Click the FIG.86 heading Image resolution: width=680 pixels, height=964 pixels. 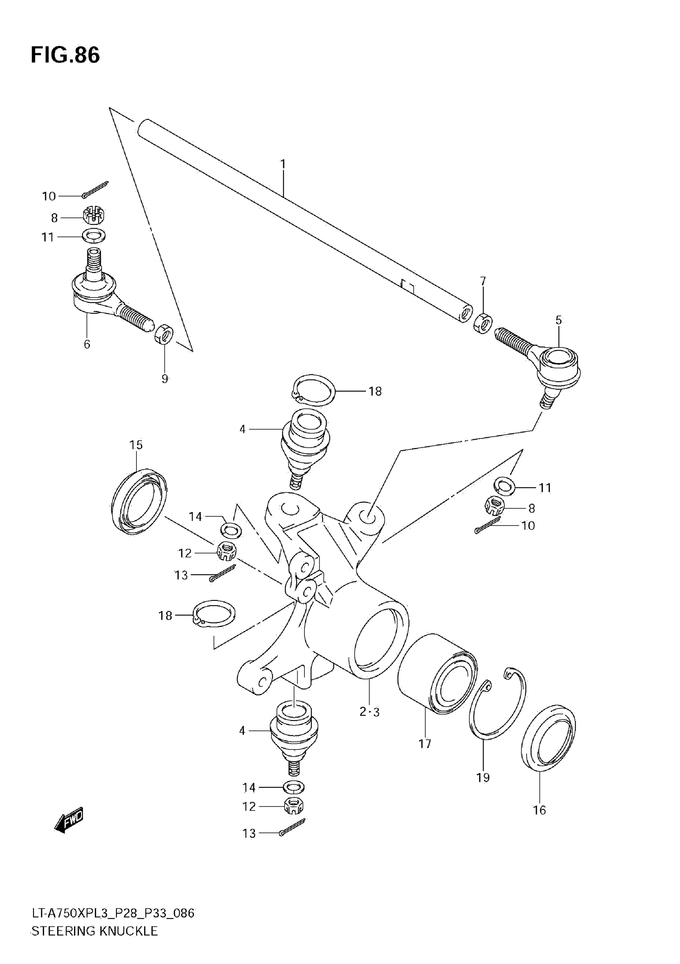(x=65, y=55)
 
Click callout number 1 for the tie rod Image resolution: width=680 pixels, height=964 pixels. (x=283, y=164)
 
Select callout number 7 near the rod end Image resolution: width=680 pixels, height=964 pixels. (x=483, y=281)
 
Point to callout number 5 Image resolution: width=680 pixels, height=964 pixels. (x=558, y=320)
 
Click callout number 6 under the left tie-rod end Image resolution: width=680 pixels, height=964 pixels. (x=87, y=344)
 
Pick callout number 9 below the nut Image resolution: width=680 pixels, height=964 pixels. (x=165, y=379)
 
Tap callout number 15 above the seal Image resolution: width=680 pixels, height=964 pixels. (x=136, y=445)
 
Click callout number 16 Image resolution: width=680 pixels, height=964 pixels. (x=539, y=810)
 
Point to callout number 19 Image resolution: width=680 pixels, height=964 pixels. (x=483, y=777)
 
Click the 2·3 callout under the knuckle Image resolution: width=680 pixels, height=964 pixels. (x=369, y=712)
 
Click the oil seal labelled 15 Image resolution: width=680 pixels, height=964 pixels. (x=138, y=502)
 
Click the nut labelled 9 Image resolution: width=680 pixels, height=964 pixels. (x=164, y=334)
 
